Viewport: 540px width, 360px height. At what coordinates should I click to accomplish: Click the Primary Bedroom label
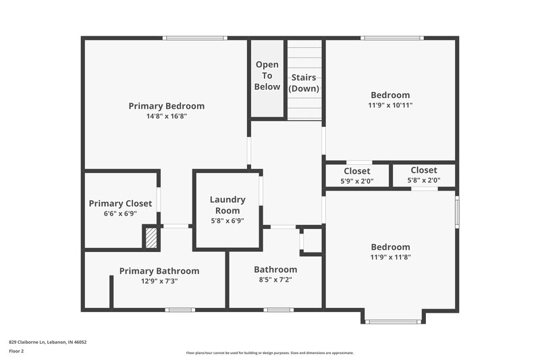point(166,106)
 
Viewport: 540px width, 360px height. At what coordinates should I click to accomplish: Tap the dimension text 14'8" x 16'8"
point(166,116)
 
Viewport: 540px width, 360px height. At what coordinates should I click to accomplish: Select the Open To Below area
point(267,76)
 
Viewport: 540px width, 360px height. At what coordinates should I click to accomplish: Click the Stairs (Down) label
point(304,83)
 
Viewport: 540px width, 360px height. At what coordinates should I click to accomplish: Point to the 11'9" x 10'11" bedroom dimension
point(390,105)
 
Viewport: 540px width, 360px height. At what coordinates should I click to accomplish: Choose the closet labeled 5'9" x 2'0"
point(357,176)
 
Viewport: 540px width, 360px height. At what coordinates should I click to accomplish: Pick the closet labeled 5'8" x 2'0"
point(423,176)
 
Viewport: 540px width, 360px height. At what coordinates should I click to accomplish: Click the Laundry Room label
point(227,205)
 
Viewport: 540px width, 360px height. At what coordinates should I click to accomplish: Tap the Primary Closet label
point(120,203)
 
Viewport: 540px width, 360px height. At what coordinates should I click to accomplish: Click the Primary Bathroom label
point(159,271)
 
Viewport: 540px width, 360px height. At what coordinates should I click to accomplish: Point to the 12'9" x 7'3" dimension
point(159,281)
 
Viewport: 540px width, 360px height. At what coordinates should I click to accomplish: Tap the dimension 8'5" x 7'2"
point(275,280)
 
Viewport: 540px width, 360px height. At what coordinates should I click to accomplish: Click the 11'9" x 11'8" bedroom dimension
point(390,257)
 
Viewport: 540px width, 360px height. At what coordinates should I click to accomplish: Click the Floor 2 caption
point(16,351)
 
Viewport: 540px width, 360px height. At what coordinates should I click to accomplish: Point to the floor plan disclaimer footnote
point(269,353)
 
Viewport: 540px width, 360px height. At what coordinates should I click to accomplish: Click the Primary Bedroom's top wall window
point(187,38)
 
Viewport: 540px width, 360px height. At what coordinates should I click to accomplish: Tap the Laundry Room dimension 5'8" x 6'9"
point(227,221)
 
